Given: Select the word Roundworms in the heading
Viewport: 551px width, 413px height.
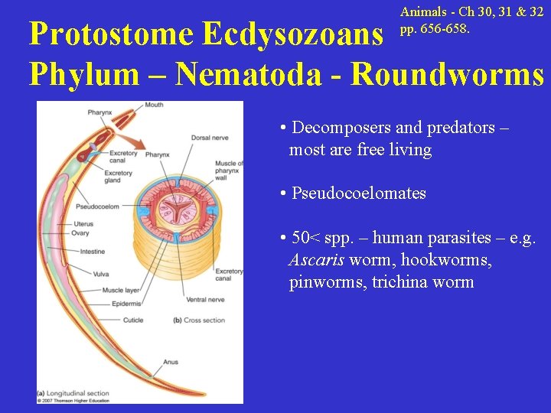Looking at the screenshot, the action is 448,73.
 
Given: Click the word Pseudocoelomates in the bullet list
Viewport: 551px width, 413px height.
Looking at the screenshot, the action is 358,193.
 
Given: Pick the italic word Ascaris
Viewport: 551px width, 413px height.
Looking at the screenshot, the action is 316,260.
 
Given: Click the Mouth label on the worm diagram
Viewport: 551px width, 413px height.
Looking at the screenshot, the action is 175,105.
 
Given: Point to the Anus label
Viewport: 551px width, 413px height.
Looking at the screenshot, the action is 170,362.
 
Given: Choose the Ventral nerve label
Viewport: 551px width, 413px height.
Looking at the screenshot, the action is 206,299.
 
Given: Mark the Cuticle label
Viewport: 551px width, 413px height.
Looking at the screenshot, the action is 133,320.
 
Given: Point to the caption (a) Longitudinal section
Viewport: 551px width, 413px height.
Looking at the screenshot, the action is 73,394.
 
